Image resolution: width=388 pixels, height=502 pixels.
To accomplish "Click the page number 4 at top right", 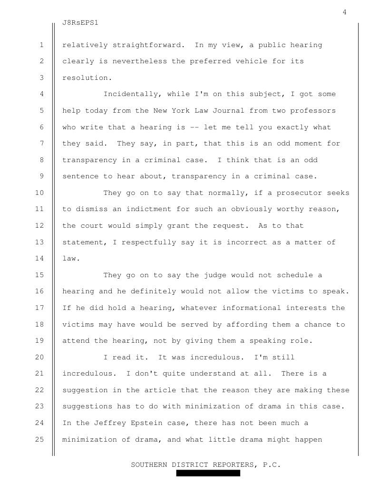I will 344,12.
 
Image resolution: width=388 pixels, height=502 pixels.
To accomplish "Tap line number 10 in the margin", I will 39,193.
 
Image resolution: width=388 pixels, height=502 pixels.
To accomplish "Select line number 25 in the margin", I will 39,439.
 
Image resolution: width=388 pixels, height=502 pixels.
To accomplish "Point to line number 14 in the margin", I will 39,258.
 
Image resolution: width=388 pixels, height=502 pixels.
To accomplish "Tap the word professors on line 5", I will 313,110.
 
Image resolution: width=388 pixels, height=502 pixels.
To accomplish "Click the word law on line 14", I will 68,258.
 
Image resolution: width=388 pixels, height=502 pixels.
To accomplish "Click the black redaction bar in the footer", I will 208,473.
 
